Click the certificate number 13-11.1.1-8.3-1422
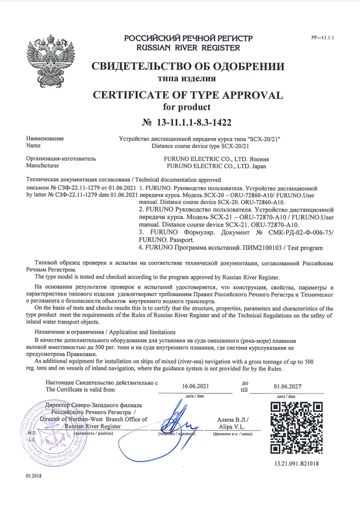(x=188, y=122)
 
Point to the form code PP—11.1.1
(x=322, y=37)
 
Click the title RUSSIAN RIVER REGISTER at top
(x=188, y=48)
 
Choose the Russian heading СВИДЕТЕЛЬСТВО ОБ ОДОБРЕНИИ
(x=188, y=65)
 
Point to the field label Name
(x=34, y=146)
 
